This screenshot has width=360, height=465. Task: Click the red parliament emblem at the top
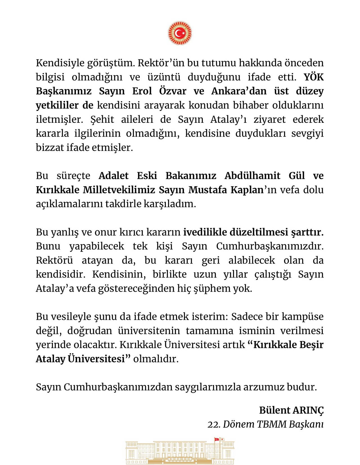[180, 33]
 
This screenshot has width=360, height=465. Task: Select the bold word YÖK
[313, 77]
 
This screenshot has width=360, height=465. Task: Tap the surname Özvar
[173, 91]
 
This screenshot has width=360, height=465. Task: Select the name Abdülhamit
[252, 176]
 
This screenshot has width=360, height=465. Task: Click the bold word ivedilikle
[205, 232]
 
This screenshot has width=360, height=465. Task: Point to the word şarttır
[307, 232]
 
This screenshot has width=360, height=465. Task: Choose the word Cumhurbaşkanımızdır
[270, 246]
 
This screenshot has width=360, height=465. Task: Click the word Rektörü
[54, 260]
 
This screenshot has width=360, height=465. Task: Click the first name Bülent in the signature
[274, 410]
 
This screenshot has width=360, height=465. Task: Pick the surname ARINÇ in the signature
[308, 410]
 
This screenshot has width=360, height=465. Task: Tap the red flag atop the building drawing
[217, 439]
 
